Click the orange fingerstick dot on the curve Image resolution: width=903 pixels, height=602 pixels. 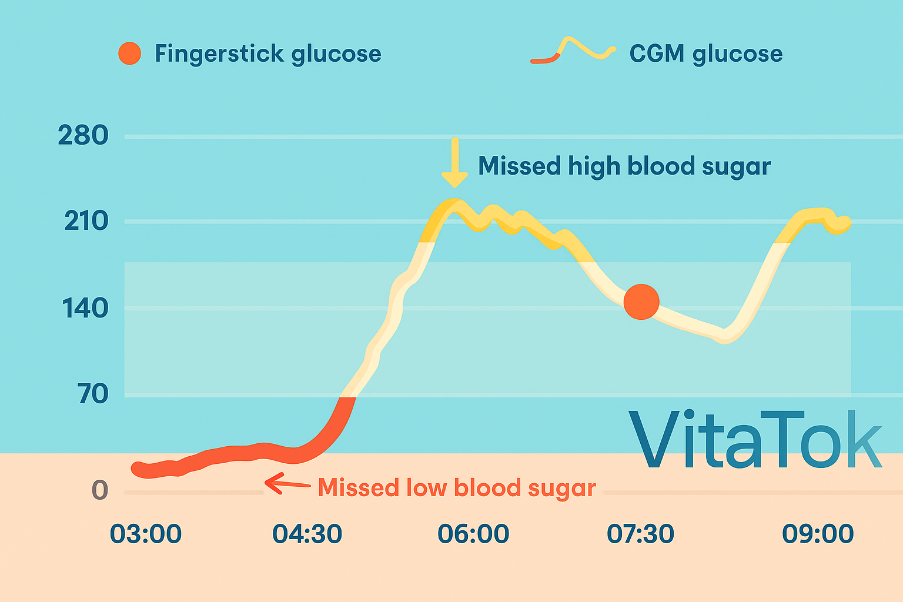coord(641,302)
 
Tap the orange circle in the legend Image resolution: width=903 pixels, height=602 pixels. coord(129,53)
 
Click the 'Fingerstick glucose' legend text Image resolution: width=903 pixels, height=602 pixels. coord(268,54)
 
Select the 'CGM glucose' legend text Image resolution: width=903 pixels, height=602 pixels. coord(705,54)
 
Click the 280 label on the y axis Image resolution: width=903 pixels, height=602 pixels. coord(83,136)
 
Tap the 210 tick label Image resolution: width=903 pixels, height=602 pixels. coord(86,222)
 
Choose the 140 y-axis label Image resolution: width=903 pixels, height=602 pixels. coord(85,308)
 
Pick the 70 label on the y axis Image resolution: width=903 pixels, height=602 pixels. coord(93,393)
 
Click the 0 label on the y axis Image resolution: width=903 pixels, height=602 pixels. coord(100,490)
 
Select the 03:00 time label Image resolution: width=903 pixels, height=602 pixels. coord(146,534)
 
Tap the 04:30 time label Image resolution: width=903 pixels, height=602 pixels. coord(307,534)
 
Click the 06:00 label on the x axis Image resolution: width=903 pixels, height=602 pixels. coord(473,534)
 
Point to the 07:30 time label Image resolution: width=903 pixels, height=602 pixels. coord(640,534)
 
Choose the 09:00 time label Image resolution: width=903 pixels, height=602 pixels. coord(818,534)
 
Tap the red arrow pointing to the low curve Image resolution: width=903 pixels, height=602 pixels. coord(287,484)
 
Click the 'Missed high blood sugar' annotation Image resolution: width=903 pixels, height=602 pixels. coord(624,166)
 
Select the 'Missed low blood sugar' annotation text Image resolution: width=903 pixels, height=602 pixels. coord(457,488)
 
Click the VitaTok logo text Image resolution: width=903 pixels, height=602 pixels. coord(755,440)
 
